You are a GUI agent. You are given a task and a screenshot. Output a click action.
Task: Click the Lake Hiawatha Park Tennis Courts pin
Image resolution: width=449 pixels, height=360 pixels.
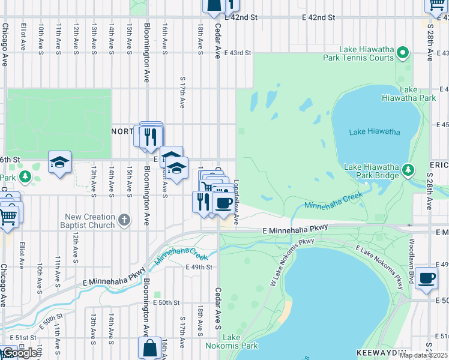tap(403, 54)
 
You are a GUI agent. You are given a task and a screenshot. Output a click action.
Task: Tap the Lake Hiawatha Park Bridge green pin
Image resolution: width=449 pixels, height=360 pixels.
tap(408, 170)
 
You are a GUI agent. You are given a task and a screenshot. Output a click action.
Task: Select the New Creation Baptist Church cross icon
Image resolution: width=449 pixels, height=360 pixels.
tap(124, 221)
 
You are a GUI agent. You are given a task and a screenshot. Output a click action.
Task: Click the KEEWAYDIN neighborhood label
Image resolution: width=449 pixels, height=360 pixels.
tap(397, 352)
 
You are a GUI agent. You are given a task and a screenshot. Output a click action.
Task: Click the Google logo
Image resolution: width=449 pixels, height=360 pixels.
tap(19, 353)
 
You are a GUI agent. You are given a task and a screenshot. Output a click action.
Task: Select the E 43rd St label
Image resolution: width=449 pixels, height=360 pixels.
tap(238, 53)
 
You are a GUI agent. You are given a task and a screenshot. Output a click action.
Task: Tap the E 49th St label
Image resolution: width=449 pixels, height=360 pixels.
tap(199, 267)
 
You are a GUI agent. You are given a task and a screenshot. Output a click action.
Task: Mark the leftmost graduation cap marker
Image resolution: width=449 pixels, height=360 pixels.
tap(60, 162)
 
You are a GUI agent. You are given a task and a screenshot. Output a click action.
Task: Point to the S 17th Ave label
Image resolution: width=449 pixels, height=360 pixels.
tap(182, 91)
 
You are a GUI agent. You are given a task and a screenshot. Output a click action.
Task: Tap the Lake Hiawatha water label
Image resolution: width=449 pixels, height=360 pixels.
tap(375, 132)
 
